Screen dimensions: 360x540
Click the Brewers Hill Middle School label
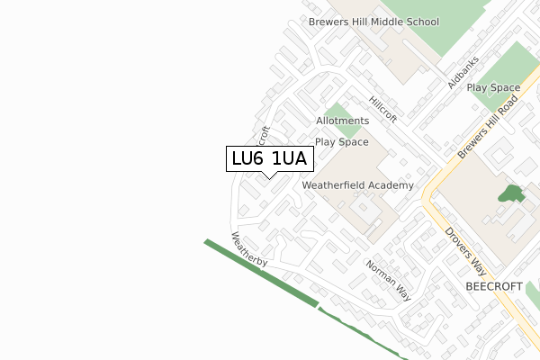373,22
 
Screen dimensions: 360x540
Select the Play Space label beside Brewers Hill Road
493,87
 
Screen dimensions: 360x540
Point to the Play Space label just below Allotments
341,142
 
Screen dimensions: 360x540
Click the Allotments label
342,121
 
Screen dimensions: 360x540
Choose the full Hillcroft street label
383,110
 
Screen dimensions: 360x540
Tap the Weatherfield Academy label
357,185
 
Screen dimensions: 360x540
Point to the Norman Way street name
388,280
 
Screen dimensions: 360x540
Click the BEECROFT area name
494,286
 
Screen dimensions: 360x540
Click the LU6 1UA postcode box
269,158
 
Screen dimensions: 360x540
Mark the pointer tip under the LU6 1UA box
269,177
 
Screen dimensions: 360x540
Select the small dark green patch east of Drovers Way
511,194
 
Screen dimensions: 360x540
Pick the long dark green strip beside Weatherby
261,274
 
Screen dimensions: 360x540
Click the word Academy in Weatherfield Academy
390,185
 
